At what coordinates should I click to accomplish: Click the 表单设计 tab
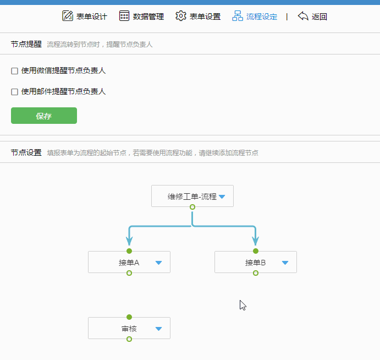(84, 17)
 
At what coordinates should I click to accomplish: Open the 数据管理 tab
(141, 17)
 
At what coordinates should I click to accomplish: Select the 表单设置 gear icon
(181, 16)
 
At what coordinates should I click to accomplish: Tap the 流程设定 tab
(255, 17)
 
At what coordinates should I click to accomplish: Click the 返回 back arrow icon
(303, 16)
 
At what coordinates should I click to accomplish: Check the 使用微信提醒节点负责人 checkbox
(14, 71)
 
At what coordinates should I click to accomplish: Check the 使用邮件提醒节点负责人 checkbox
(14, 92)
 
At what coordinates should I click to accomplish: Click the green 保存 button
(44, 116)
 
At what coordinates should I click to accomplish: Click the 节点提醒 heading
(26, 44)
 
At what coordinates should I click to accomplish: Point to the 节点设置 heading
(26, 152)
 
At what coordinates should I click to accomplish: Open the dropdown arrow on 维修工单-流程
(222, 197)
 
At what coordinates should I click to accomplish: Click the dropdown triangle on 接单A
(159, 263)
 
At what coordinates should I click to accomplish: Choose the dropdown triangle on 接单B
(285, 263)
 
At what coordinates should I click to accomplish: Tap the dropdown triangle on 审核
(159, 329)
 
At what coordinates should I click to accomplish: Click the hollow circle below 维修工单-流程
(192, 207)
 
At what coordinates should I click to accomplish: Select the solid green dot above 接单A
(129, 251)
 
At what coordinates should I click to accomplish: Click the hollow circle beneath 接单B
(256, 273)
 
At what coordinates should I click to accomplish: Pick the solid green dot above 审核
(129, 317)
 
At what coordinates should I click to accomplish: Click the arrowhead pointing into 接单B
(256, 241)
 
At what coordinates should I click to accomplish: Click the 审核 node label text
(129, 329)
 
